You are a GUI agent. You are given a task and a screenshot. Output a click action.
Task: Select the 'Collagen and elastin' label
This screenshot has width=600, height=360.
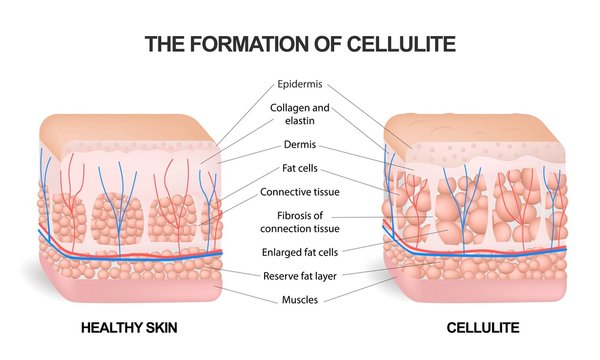coord(299,114)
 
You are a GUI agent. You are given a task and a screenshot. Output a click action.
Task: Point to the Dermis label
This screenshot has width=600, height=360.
coord(299,144)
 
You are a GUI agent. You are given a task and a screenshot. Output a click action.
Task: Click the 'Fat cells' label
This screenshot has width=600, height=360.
coord(299,169)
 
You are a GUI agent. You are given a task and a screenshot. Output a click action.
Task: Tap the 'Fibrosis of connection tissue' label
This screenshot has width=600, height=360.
coord(299,221)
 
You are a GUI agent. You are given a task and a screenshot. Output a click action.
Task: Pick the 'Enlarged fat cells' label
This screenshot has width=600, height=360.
coord(299,251)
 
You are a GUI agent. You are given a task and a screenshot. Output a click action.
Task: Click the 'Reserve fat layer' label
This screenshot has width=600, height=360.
coord(299,275)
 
